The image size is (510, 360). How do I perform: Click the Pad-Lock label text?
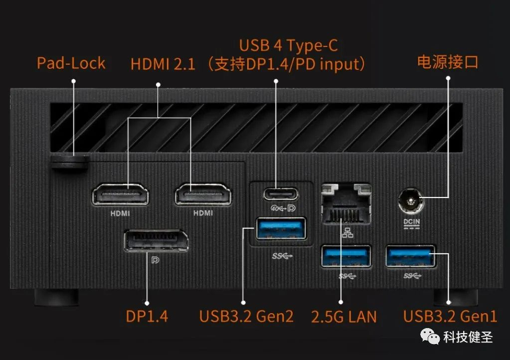71,63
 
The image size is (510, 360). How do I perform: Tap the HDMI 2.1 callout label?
163,64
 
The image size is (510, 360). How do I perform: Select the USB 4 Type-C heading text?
288,45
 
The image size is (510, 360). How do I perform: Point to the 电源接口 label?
447,62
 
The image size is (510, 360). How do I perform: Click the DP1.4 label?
147,316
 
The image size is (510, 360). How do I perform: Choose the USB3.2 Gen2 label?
246,316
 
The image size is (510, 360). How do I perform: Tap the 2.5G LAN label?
343,316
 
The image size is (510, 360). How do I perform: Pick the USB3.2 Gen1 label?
450,316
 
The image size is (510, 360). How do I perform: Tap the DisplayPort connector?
156,241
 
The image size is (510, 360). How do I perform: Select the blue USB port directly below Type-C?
281,230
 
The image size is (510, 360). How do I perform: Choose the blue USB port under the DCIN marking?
410,256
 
